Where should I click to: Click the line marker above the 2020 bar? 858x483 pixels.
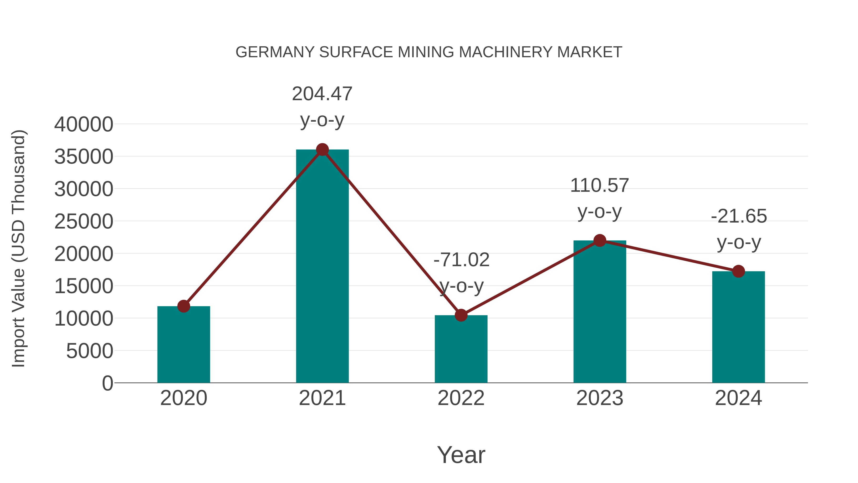coord(184,306)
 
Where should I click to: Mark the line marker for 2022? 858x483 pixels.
coord(461,315)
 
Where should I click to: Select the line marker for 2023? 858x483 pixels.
coord(600,240)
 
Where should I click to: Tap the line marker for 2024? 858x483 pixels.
coord(738,271)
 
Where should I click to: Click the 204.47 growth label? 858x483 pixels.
coord(322,94)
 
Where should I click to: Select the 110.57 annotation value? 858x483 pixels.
coord(600,185)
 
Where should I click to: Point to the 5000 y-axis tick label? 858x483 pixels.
coord(90,351)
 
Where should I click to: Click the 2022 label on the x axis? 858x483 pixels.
coord(461,398)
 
